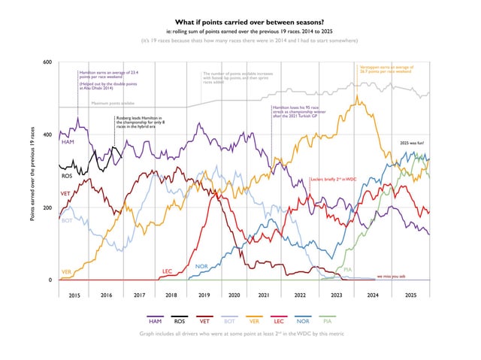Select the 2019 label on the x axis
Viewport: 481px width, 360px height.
click(204, 296)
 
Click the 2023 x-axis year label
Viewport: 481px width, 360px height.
click(336, 296)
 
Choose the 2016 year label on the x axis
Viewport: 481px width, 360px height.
click(106, 296)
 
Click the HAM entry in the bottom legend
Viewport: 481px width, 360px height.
click(156, 320)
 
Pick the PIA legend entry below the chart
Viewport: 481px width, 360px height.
click(328, 320)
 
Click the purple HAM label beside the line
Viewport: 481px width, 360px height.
click(68, 142)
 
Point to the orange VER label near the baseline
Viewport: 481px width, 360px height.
click(66, 271)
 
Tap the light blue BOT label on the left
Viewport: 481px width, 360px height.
click(66, 221)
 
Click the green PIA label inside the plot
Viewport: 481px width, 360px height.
click(348, 268)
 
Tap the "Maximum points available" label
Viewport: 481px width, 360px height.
click(113, 102)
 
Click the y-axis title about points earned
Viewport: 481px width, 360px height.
click(32, 171)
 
